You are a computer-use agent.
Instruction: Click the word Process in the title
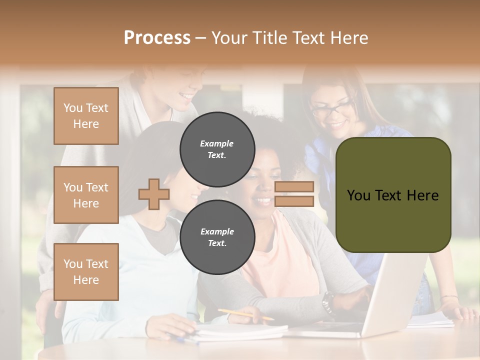click(157, 37)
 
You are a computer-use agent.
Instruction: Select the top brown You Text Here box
click(86, 116)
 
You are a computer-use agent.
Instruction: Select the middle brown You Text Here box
click(86, 195)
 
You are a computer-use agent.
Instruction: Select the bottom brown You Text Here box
click(86, 271)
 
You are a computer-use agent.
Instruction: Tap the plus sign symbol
click(154, 194)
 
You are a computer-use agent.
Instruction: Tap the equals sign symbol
click(294, 194)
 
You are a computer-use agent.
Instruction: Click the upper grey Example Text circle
click(217, 149)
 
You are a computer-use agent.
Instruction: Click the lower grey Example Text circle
click(217, 237)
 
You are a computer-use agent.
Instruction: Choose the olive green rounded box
click(393, 195)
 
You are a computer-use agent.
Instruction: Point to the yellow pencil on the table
click(245, 314)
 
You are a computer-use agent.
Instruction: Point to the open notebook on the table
click(240, 331)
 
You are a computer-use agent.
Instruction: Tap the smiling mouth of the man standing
click(187, 95)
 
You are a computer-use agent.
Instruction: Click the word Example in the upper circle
click(217, 143)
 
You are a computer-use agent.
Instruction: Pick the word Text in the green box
click(391, 195)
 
